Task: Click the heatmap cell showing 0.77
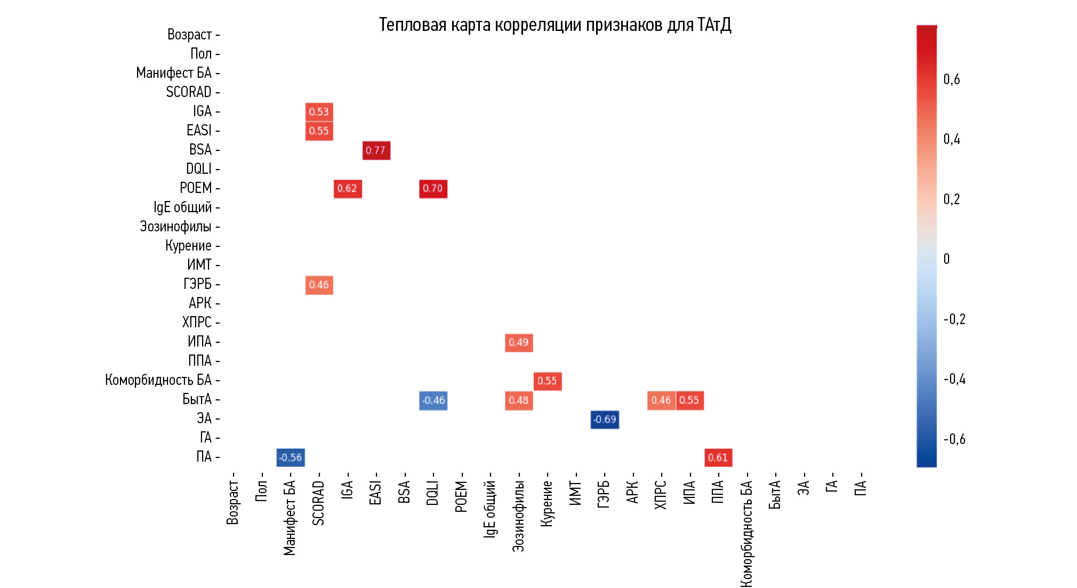pos(376,150)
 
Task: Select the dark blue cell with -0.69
pos(605,420)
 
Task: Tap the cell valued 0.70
pos(433,189)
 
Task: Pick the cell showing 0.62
pos(348,189)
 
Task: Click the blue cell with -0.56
pos(291,457)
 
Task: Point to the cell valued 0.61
pos(718,457)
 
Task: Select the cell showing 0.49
pos(519,342)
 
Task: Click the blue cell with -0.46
pos(433,400)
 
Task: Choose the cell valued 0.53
pos(319,112)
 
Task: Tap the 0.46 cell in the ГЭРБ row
pos(319,285)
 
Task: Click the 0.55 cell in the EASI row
pos(319,131)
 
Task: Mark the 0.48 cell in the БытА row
pos(519,400)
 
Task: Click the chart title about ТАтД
pos(554,25)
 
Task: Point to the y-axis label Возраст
pos(189,35)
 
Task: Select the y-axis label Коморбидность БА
pos(158,380)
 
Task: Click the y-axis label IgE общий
pos(182,207)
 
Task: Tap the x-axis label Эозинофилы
pos(518,516)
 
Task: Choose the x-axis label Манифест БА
pos(290,518)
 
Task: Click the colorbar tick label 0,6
pos(952,79)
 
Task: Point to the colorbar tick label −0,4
pos(954,379)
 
